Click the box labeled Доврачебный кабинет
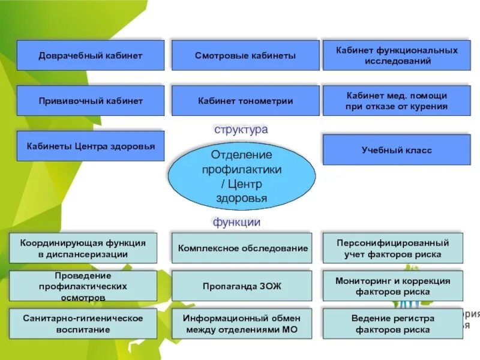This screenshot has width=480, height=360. [90, 55]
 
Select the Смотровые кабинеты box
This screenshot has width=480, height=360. [245, 55]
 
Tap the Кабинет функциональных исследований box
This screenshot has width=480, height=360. [397, 55]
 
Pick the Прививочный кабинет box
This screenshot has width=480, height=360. [90, 101]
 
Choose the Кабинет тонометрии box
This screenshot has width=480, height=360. [245, 101]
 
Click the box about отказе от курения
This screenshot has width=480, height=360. [397, 101]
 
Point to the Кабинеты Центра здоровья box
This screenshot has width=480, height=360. [90, 146]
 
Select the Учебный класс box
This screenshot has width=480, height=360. [397, 150]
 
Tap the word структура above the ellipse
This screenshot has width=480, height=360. [241, 129]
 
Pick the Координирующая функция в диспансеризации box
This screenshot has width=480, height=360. [83, 248]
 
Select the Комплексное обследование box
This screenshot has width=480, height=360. [242, 248]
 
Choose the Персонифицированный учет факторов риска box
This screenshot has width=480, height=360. [393, 248]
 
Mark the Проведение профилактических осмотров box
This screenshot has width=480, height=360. [83, 286]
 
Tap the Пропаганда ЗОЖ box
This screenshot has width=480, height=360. [242, 286]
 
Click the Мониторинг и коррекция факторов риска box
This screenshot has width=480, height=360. [393, 286]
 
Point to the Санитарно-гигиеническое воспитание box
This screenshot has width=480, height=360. [83, 323]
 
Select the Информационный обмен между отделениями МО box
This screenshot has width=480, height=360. [242, 323]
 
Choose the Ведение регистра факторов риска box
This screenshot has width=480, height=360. [393, 323]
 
